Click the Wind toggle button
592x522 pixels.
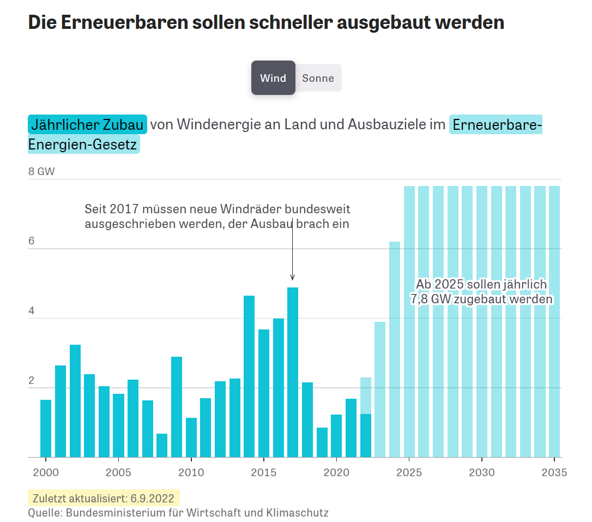coord(273,78)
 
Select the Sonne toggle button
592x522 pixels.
coord(318,78)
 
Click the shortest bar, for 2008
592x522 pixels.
coord(162,445)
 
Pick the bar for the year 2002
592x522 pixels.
coord(75,401)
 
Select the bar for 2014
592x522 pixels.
coord(249,376)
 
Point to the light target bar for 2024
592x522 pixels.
coord(395,349)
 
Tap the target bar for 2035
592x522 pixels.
coord(554,322)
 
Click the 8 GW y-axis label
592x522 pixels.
coord(41,171)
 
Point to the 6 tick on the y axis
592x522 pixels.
coord(32,241)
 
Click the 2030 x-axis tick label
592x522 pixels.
coord(482,472)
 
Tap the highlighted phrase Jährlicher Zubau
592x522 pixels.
coord(87,124)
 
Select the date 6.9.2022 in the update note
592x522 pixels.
coord(152,499)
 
